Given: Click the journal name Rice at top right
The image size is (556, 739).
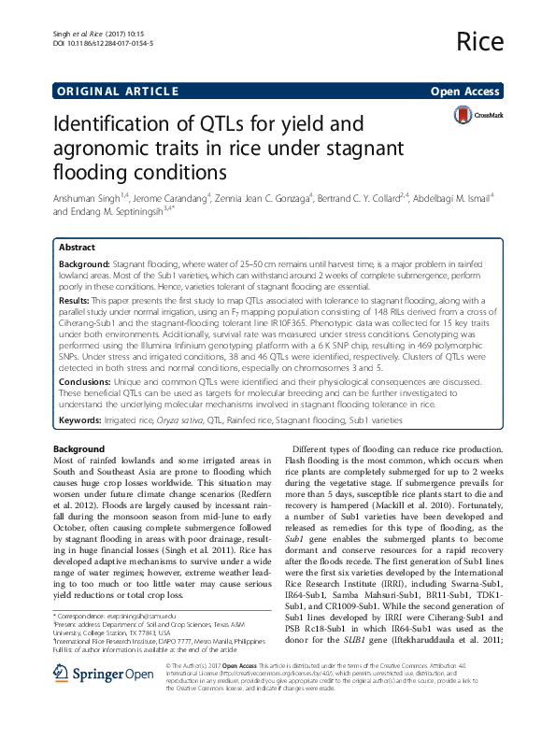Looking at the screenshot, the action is pos(481,42).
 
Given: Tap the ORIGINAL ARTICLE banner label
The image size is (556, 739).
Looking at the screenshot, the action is pos(118,91).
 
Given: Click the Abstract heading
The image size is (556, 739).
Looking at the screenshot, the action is pos(77,248).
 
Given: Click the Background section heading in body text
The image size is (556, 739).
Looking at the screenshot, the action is pos(79,449).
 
